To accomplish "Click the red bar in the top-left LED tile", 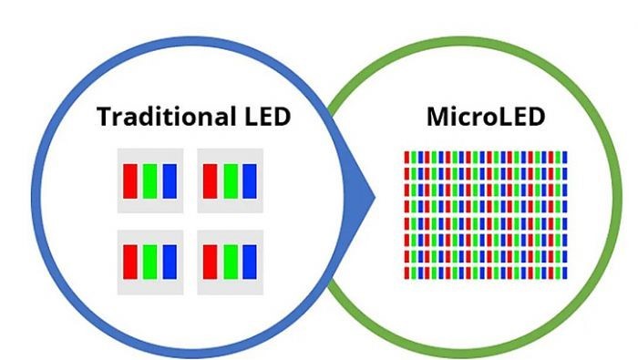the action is coord(130,180).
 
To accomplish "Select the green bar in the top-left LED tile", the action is coord(149,180).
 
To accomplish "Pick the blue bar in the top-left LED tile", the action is coord(170,180).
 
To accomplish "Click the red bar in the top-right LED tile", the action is coord(210,180).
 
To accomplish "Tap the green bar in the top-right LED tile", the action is coord(230,180).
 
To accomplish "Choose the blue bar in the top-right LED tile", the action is coord(250,180).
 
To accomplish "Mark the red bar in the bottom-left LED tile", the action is coord(130,262).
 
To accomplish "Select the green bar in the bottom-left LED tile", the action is coord(149,262).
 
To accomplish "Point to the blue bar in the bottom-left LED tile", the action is coord(170,262).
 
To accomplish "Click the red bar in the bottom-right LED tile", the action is coord(210,262).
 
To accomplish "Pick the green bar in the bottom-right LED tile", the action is coord(230,262).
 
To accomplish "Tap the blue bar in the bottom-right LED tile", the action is coord(250,262).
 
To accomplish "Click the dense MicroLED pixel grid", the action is coord(485,215).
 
